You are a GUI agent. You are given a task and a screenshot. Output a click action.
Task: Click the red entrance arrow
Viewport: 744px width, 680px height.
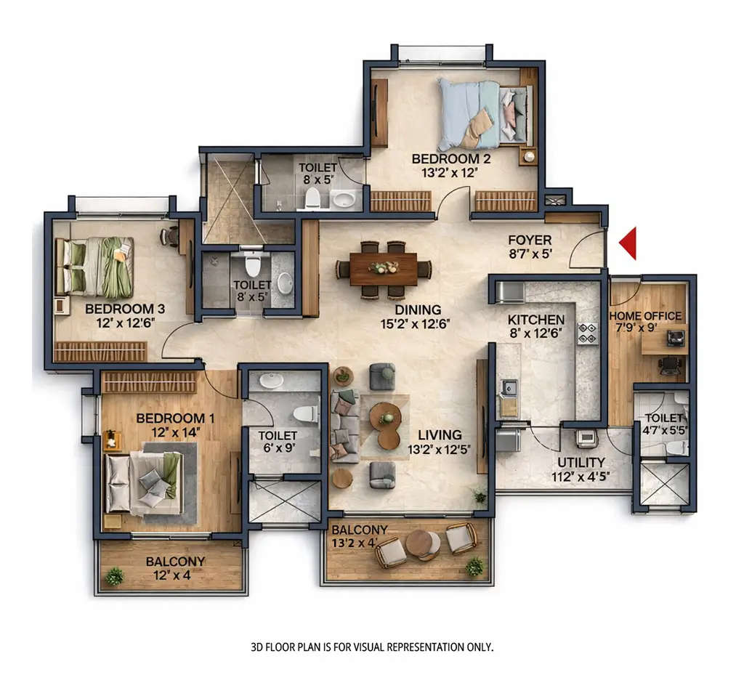click(x=628, y=243)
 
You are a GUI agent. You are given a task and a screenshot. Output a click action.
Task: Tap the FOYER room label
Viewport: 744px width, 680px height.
click(x=530, y=240)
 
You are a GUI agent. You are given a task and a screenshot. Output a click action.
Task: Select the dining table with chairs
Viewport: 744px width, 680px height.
click(x=384, y=270)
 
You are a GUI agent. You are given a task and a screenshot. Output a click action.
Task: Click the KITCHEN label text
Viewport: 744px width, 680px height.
click(x=536, y=320)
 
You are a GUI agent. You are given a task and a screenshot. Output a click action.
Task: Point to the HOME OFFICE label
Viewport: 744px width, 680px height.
click(x=645, y=316)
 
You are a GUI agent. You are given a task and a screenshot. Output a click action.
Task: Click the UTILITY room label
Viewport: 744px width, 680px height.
click(x=581, y=462)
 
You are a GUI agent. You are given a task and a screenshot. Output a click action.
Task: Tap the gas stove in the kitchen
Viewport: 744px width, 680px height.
click(x=586, y=333)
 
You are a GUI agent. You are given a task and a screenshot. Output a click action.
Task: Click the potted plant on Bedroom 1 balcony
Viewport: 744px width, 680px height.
click(x=114, y=576)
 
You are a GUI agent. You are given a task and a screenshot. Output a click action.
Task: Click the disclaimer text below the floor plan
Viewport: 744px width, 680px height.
click(x=372, y=646)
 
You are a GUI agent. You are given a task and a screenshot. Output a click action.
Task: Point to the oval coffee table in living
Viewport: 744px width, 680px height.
click(x=386, y=426)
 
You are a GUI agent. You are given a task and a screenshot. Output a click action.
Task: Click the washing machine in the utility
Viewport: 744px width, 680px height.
click(x=586, y=437)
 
